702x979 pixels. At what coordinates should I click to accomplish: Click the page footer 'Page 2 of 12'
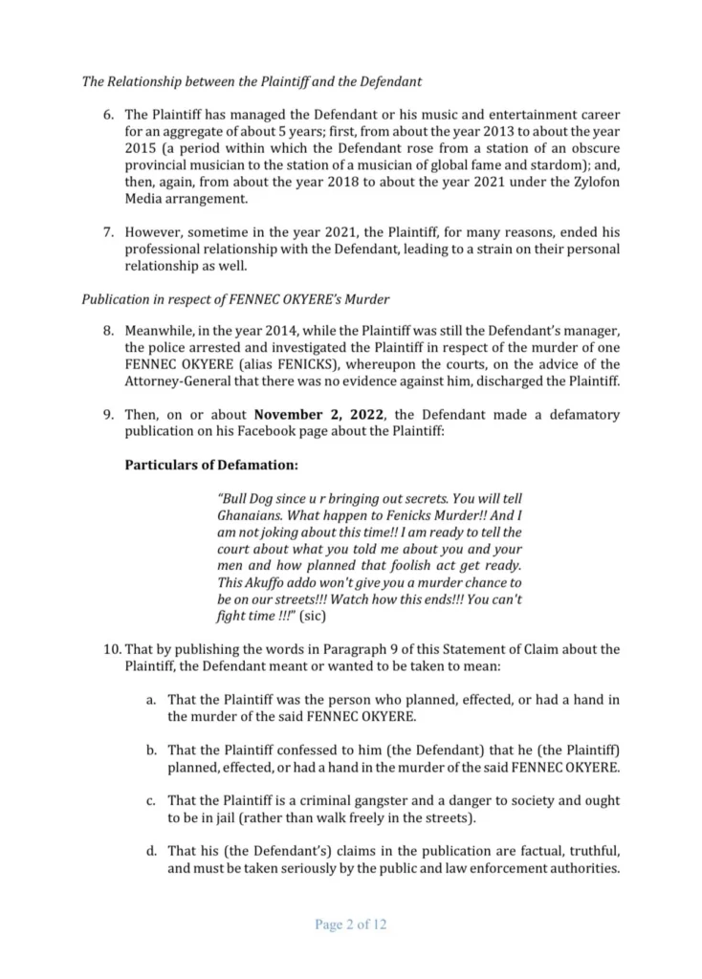350,925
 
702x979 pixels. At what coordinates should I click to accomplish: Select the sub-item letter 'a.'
151,700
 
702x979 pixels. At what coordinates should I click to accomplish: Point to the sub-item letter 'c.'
151,800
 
